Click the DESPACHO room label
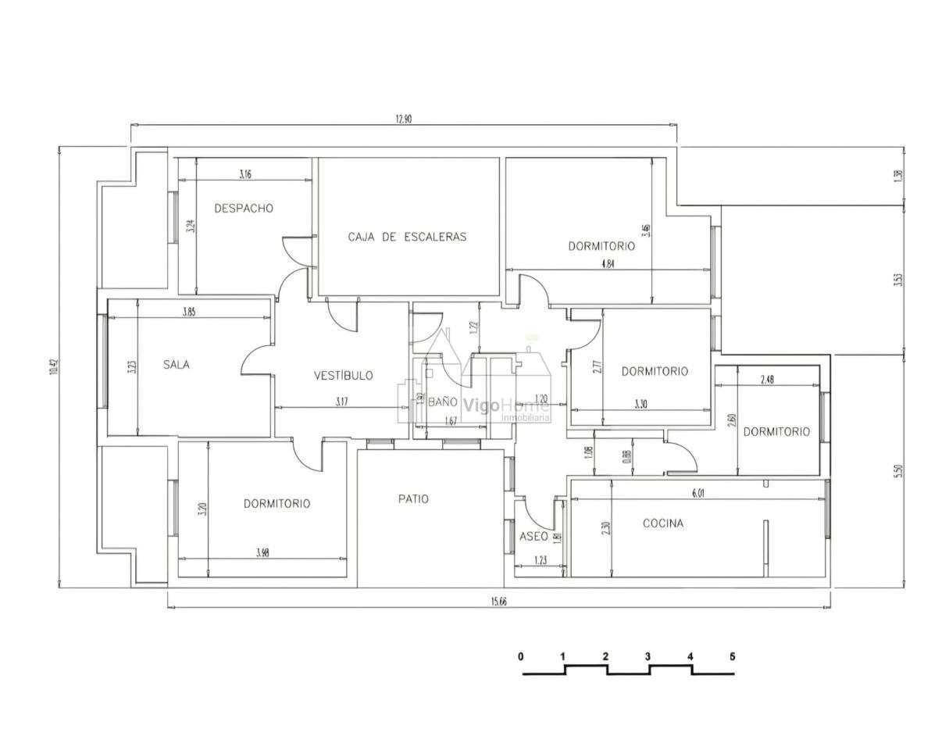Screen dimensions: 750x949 244,209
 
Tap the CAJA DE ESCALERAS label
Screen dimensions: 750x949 407,237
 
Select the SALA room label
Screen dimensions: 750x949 177,364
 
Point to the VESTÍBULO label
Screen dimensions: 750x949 343,376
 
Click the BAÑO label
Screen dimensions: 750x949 442,402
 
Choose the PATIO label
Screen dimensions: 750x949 413,499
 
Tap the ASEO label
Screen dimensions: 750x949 533,537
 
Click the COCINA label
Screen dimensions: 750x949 662,523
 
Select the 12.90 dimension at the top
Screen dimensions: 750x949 403,120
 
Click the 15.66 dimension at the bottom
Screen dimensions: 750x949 499,602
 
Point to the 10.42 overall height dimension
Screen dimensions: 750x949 54,367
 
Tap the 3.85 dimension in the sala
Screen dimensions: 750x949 189,312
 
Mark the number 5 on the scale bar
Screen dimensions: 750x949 732,656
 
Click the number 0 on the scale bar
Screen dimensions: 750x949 521,656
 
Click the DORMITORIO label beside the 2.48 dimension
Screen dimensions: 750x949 776,432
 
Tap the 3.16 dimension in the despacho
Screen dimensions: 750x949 244,175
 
